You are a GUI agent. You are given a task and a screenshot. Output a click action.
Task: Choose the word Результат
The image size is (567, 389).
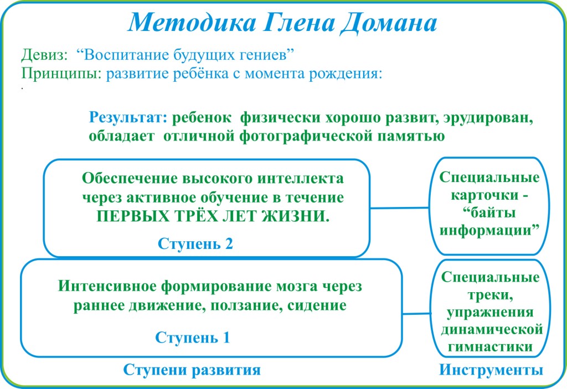[x=128, y=118]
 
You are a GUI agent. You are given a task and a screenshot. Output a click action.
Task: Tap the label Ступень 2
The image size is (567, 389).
[x=195, y=243]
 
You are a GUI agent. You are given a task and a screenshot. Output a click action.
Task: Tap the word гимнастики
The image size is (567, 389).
[x=489, y=347]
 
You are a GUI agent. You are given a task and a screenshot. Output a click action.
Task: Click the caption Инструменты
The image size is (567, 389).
[x=491, y=370]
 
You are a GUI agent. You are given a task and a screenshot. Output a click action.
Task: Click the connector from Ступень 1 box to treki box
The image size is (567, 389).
[x=416, y=314]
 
